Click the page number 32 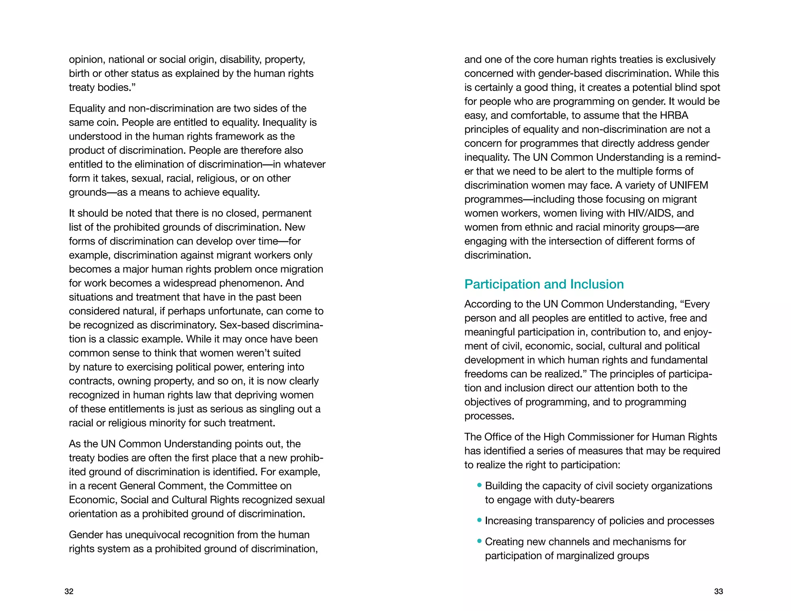(x=69, y=591)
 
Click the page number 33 (x=718, y=591)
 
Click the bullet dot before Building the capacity (x=479, y=485)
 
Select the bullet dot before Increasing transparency (x=479, y=520)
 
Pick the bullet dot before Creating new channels (x=479, y=541)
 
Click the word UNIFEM (x=689, y=185)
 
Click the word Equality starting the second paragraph (x=87, y=109)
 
